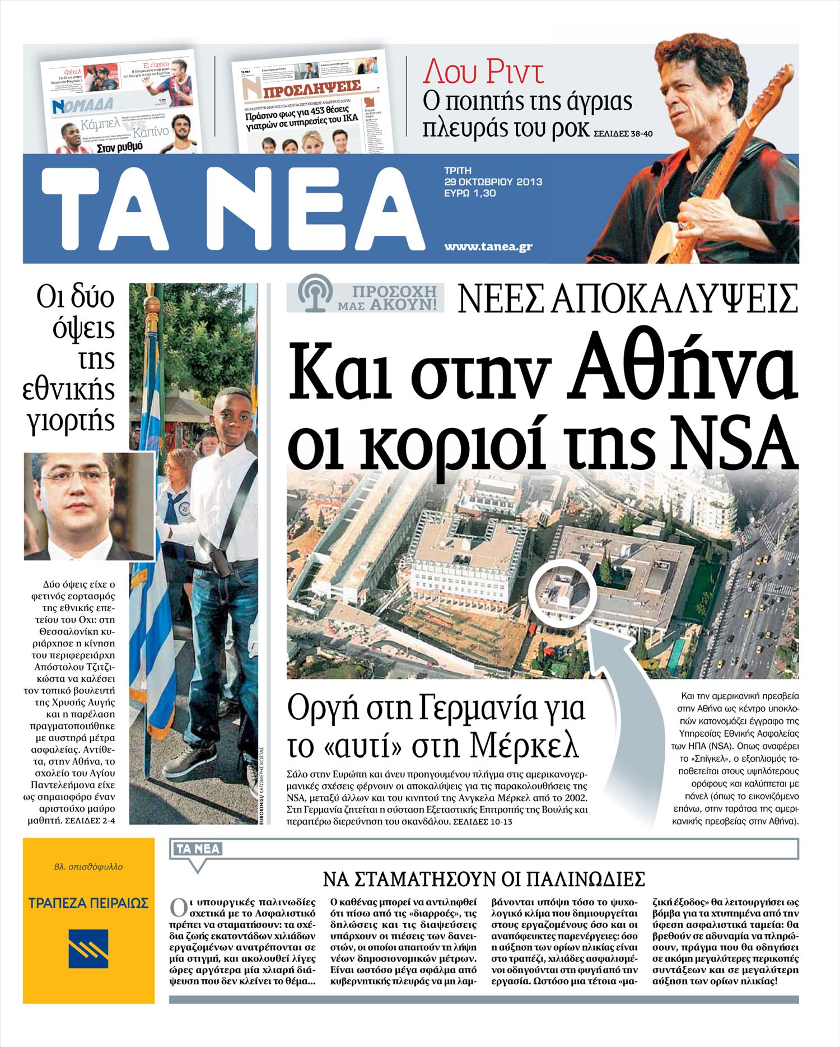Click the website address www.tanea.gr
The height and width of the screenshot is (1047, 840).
coord(488,246)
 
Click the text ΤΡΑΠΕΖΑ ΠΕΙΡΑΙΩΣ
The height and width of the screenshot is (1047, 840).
coord(88,903)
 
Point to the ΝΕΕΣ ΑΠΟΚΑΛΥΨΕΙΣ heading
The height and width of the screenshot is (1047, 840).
coord(628,299)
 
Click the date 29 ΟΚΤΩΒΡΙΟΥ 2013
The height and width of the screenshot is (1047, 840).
coord(493,182)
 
